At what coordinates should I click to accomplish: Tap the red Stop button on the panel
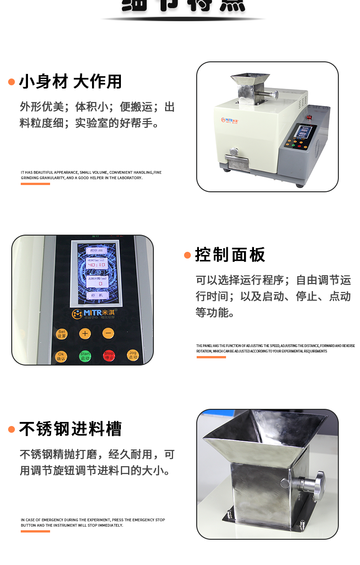109,356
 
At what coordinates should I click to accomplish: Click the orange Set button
62,334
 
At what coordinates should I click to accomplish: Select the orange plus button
85,333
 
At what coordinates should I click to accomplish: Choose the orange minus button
108,333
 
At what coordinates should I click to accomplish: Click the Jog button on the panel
133,355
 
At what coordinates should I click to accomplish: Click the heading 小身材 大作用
70,82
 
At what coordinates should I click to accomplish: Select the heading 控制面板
230,255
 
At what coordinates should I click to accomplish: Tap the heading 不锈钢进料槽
70,429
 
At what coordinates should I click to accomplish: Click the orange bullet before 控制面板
188,255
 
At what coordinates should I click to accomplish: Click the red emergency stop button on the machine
310,119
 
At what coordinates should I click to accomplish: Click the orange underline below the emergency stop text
35,531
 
